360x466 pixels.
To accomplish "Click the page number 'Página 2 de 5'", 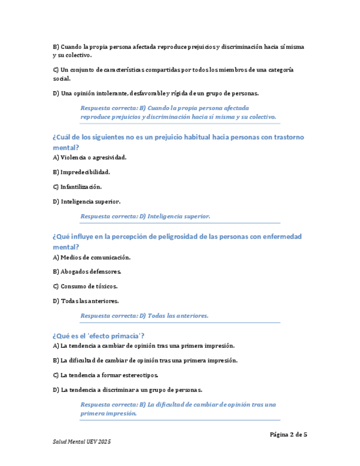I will [x=288, y=434].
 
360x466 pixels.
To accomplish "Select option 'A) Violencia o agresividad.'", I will [x=90, y=158].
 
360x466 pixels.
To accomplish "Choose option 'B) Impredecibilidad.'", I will [x=81, y=172].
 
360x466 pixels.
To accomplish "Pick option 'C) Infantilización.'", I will [x=77, y=187].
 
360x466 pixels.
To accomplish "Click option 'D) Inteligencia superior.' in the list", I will [x=86, y=202].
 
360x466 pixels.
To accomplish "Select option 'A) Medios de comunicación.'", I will [x=92, y=257].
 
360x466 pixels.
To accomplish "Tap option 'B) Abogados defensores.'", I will [x=87, y=271].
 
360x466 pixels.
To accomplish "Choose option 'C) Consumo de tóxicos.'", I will [x=85, y=286].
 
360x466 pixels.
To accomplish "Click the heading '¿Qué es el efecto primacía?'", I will [x=98, y=336].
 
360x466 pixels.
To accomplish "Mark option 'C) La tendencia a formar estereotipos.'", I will [x=106, y=375].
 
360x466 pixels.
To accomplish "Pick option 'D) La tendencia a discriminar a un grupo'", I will [x=128, y=390].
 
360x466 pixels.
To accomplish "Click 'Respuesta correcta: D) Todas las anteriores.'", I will [x=145, y=316].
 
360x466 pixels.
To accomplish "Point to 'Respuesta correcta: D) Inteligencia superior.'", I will [x=146, y=217].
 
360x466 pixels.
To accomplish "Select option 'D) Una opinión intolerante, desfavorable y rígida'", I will [x=156, y=93].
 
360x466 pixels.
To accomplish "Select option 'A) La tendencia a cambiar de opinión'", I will [x=143, y=346].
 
